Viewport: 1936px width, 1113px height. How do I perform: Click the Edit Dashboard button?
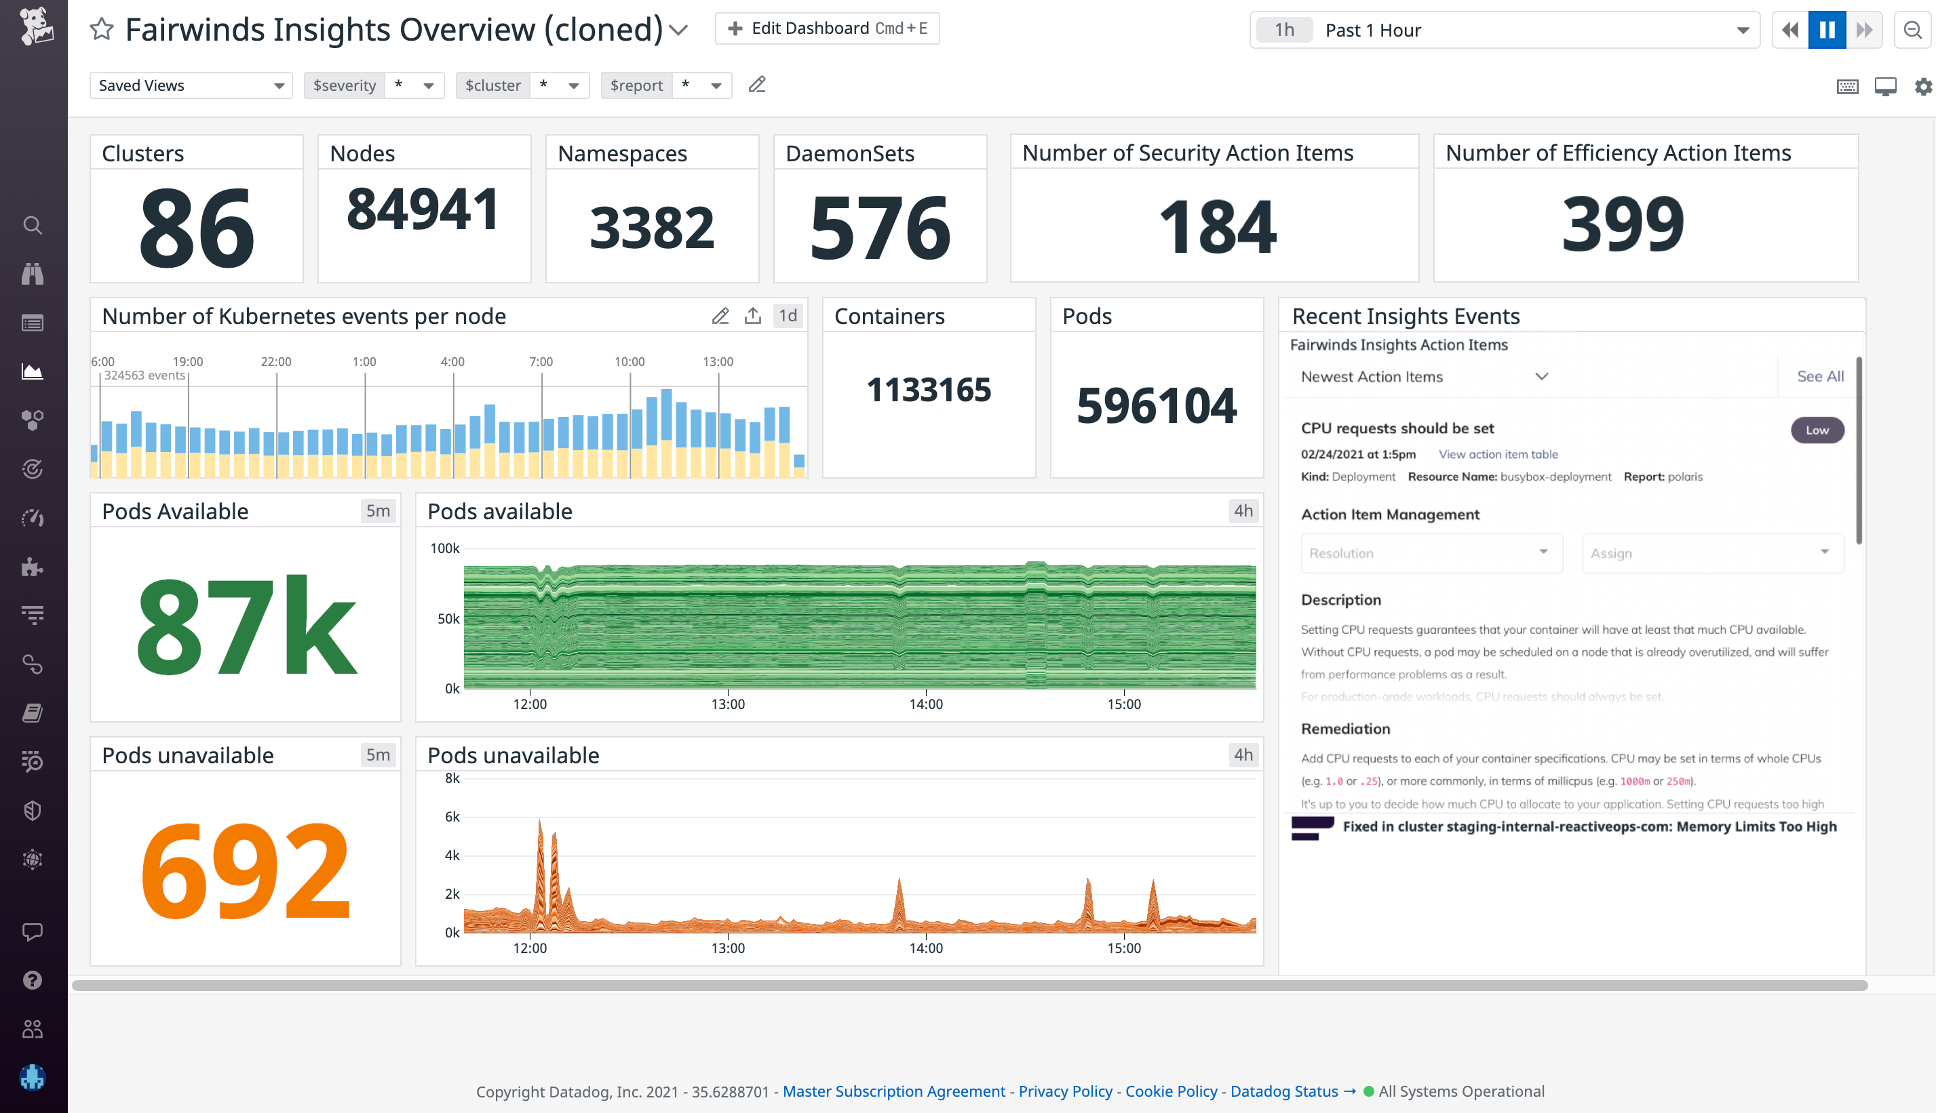click(827, 29)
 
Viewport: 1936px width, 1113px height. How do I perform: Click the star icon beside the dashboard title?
click(102, 30)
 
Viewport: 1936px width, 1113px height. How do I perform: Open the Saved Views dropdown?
click(191, 85)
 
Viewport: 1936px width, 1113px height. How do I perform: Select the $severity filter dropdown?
click(373, 85)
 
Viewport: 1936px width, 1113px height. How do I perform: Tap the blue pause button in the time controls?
click(1826, 30)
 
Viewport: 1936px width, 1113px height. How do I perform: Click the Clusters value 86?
click(197, 228)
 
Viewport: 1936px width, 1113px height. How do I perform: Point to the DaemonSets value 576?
click(880, 228)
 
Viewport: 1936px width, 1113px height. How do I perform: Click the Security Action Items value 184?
click(1216, 227)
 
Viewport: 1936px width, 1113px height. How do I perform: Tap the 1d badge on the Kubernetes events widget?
click(787, 316)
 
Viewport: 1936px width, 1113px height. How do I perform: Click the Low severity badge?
click(1817, 430)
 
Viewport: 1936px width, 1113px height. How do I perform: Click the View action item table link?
click(1497, 454)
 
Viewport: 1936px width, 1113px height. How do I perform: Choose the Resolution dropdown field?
click(1430, 552)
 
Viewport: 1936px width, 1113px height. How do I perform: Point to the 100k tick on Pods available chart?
click(444, 548)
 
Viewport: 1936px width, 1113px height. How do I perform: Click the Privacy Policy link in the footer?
click(1065, 1091)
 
